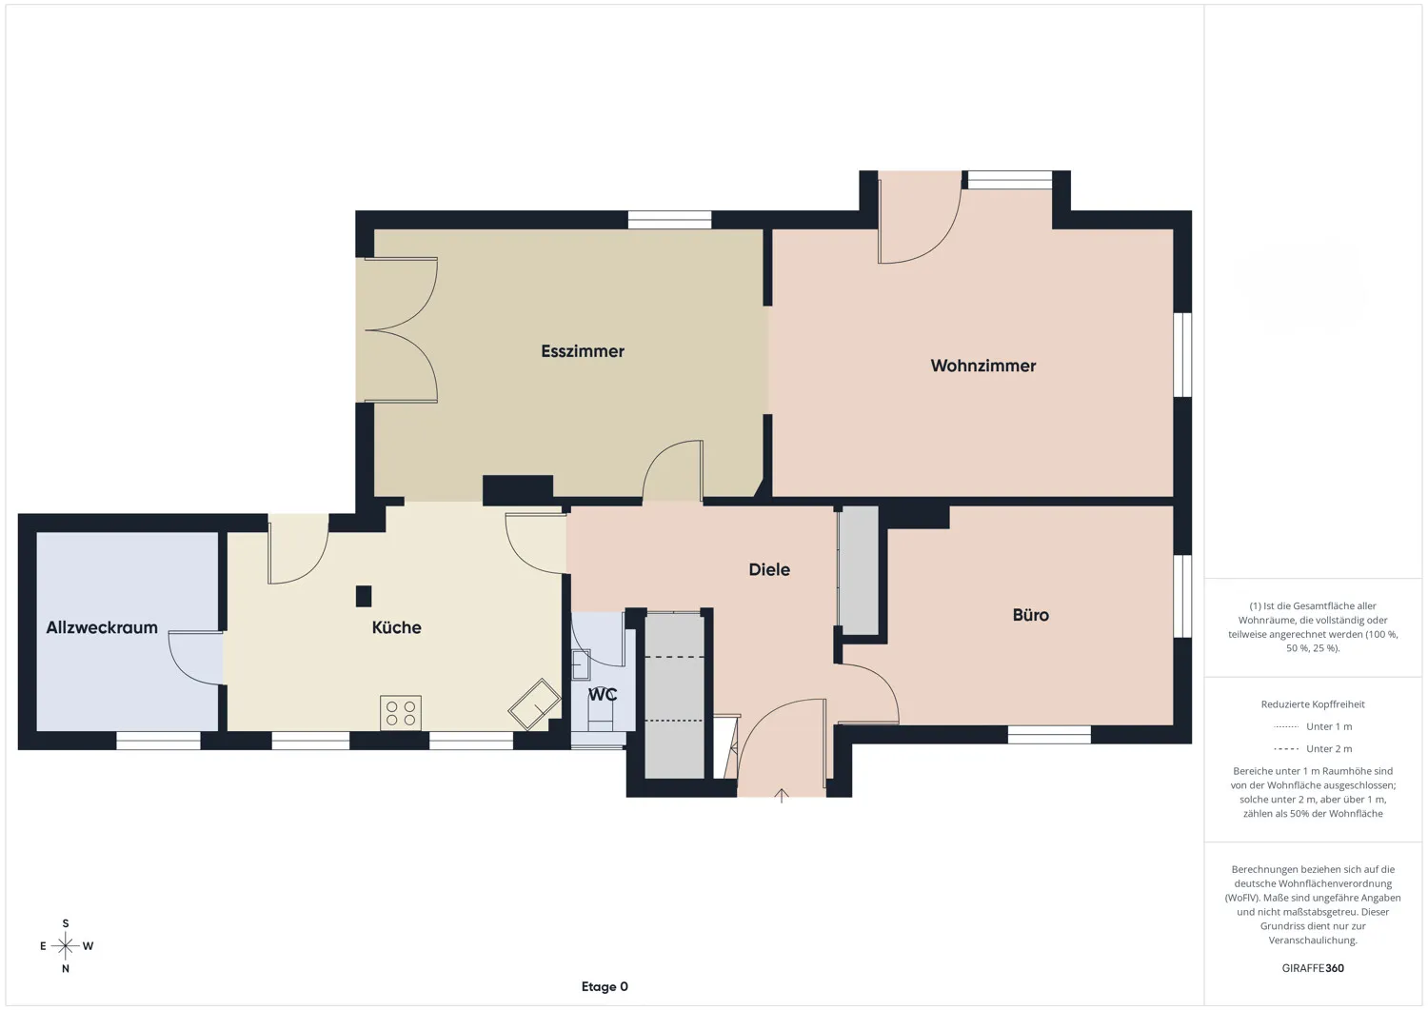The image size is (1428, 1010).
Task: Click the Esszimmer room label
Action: (583, 351)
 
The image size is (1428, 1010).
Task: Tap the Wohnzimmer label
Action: (982, 366)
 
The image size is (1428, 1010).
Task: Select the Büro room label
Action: (1030, 615)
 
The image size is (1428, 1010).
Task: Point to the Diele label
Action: (769, 569)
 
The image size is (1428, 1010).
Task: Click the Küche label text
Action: (396, 627)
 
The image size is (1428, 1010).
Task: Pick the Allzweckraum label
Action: (102, 627)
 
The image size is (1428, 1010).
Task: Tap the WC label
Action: (603, 694)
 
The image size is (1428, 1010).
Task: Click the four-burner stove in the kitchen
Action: (401, 713)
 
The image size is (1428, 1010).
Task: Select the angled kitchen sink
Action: (534, 704)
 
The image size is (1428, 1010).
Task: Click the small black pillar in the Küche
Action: (363, 596)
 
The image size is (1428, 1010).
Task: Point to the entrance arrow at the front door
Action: (782, 796)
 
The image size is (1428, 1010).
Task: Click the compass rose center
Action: (65, 945)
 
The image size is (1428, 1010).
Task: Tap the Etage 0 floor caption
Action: (605, 986)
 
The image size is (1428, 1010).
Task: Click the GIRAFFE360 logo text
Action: (1313, 968)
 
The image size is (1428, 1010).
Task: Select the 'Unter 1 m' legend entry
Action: (1328, 726)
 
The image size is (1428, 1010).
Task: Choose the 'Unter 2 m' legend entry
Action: (1328, 749)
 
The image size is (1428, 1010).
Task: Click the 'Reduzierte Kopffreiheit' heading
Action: (1313, 704)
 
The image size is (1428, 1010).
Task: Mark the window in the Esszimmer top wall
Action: (669, 220)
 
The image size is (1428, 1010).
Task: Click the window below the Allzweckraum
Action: (158, 741)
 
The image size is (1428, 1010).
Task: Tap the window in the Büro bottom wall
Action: (1049, 734)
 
